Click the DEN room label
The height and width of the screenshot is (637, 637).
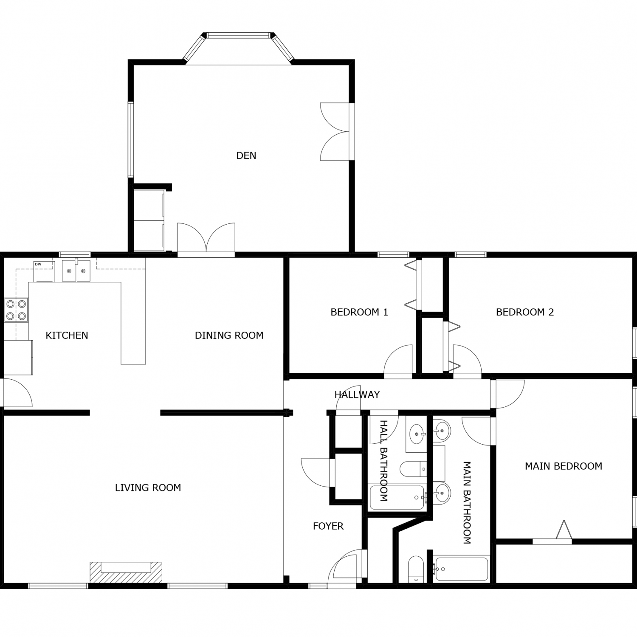click(x=246, y=156)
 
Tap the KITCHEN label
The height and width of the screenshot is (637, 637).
click(x=67, y=335)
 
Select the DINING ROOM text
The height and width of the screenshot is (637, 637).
click(x=229, y=335)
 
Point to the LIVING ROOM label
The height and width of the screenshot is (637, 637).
click(x=148, y=488)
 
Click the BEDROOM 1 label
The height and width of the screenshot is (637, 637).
click(x=359, y=312)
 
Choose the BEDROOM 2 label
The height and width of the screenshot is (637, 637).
click(x=525, y=312)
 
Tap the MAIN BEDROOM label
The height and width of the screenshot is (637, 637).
click(x=564, y=466)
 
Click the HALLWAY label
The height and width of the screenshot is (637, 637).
click(x=357, y=395)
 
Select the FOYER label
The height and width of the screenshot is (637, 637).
click(x=328, y=526)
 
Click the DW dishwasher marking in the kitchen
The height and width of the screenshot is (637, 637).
click(x=38, y=264)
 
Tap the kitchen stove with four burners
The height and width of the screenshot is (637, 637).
click(x=16, y=310)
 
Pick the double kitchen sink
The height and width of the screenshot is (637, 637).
click(x=76, y=271)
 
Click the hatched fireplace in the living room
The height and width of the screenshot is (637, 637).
click(x=126, y=572)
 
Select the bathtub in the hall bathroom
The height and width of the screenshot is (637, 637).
click(x=398, y=497)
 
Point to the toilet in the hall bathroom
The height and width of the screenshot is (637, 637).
click(x=414, y=469)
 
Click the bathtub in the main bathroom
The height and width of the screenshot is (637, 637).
click(x=461, y=569)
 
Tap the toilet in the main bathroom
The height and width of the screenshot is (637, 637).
click(x=416, y=569)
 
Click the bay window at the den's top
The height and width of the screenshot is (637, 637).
click(x=238, y=48)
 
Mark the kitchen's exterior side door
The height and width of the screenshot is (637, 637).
click(x=17, y=393)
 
